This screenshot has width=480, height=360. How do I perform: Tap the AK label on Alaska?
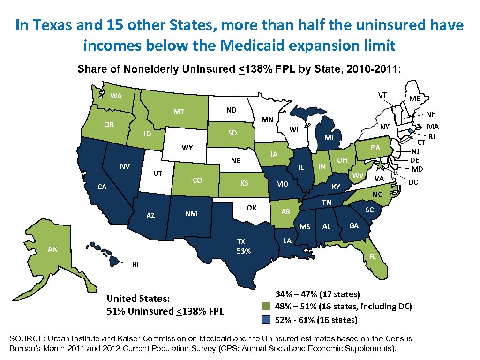point(52,249)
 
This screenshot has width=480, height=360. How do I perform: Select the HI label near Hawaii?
point(135,265)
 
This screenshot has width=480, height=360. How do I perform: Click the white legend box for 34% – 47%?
point(266,294)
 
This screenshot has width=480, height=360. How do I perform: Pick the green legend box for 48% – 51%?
point(266,307)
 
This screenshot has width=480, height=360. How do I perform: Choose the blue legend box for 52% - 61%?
point(266,320)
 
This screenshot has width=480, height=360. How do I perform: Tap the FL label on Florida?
point(372,257)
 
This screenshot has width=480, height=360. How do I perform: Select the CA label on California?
point(101,187)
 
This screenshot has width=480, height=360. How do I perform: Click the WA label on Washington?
point(116,97)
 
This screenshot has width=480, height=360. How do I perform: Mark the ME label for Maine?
point(414,99)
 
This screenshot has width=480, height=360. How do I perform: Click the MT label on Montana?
point(179,112)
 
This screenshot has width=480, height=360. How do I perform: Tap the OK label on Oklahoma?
point(252,208)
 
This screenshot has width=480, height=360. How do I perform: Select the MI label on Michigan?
point(329,138)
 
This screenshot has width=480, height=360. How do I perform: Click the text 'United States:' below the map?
point(138,299)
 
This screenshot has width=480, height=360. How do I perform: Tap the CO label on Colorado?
point(197,180)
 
